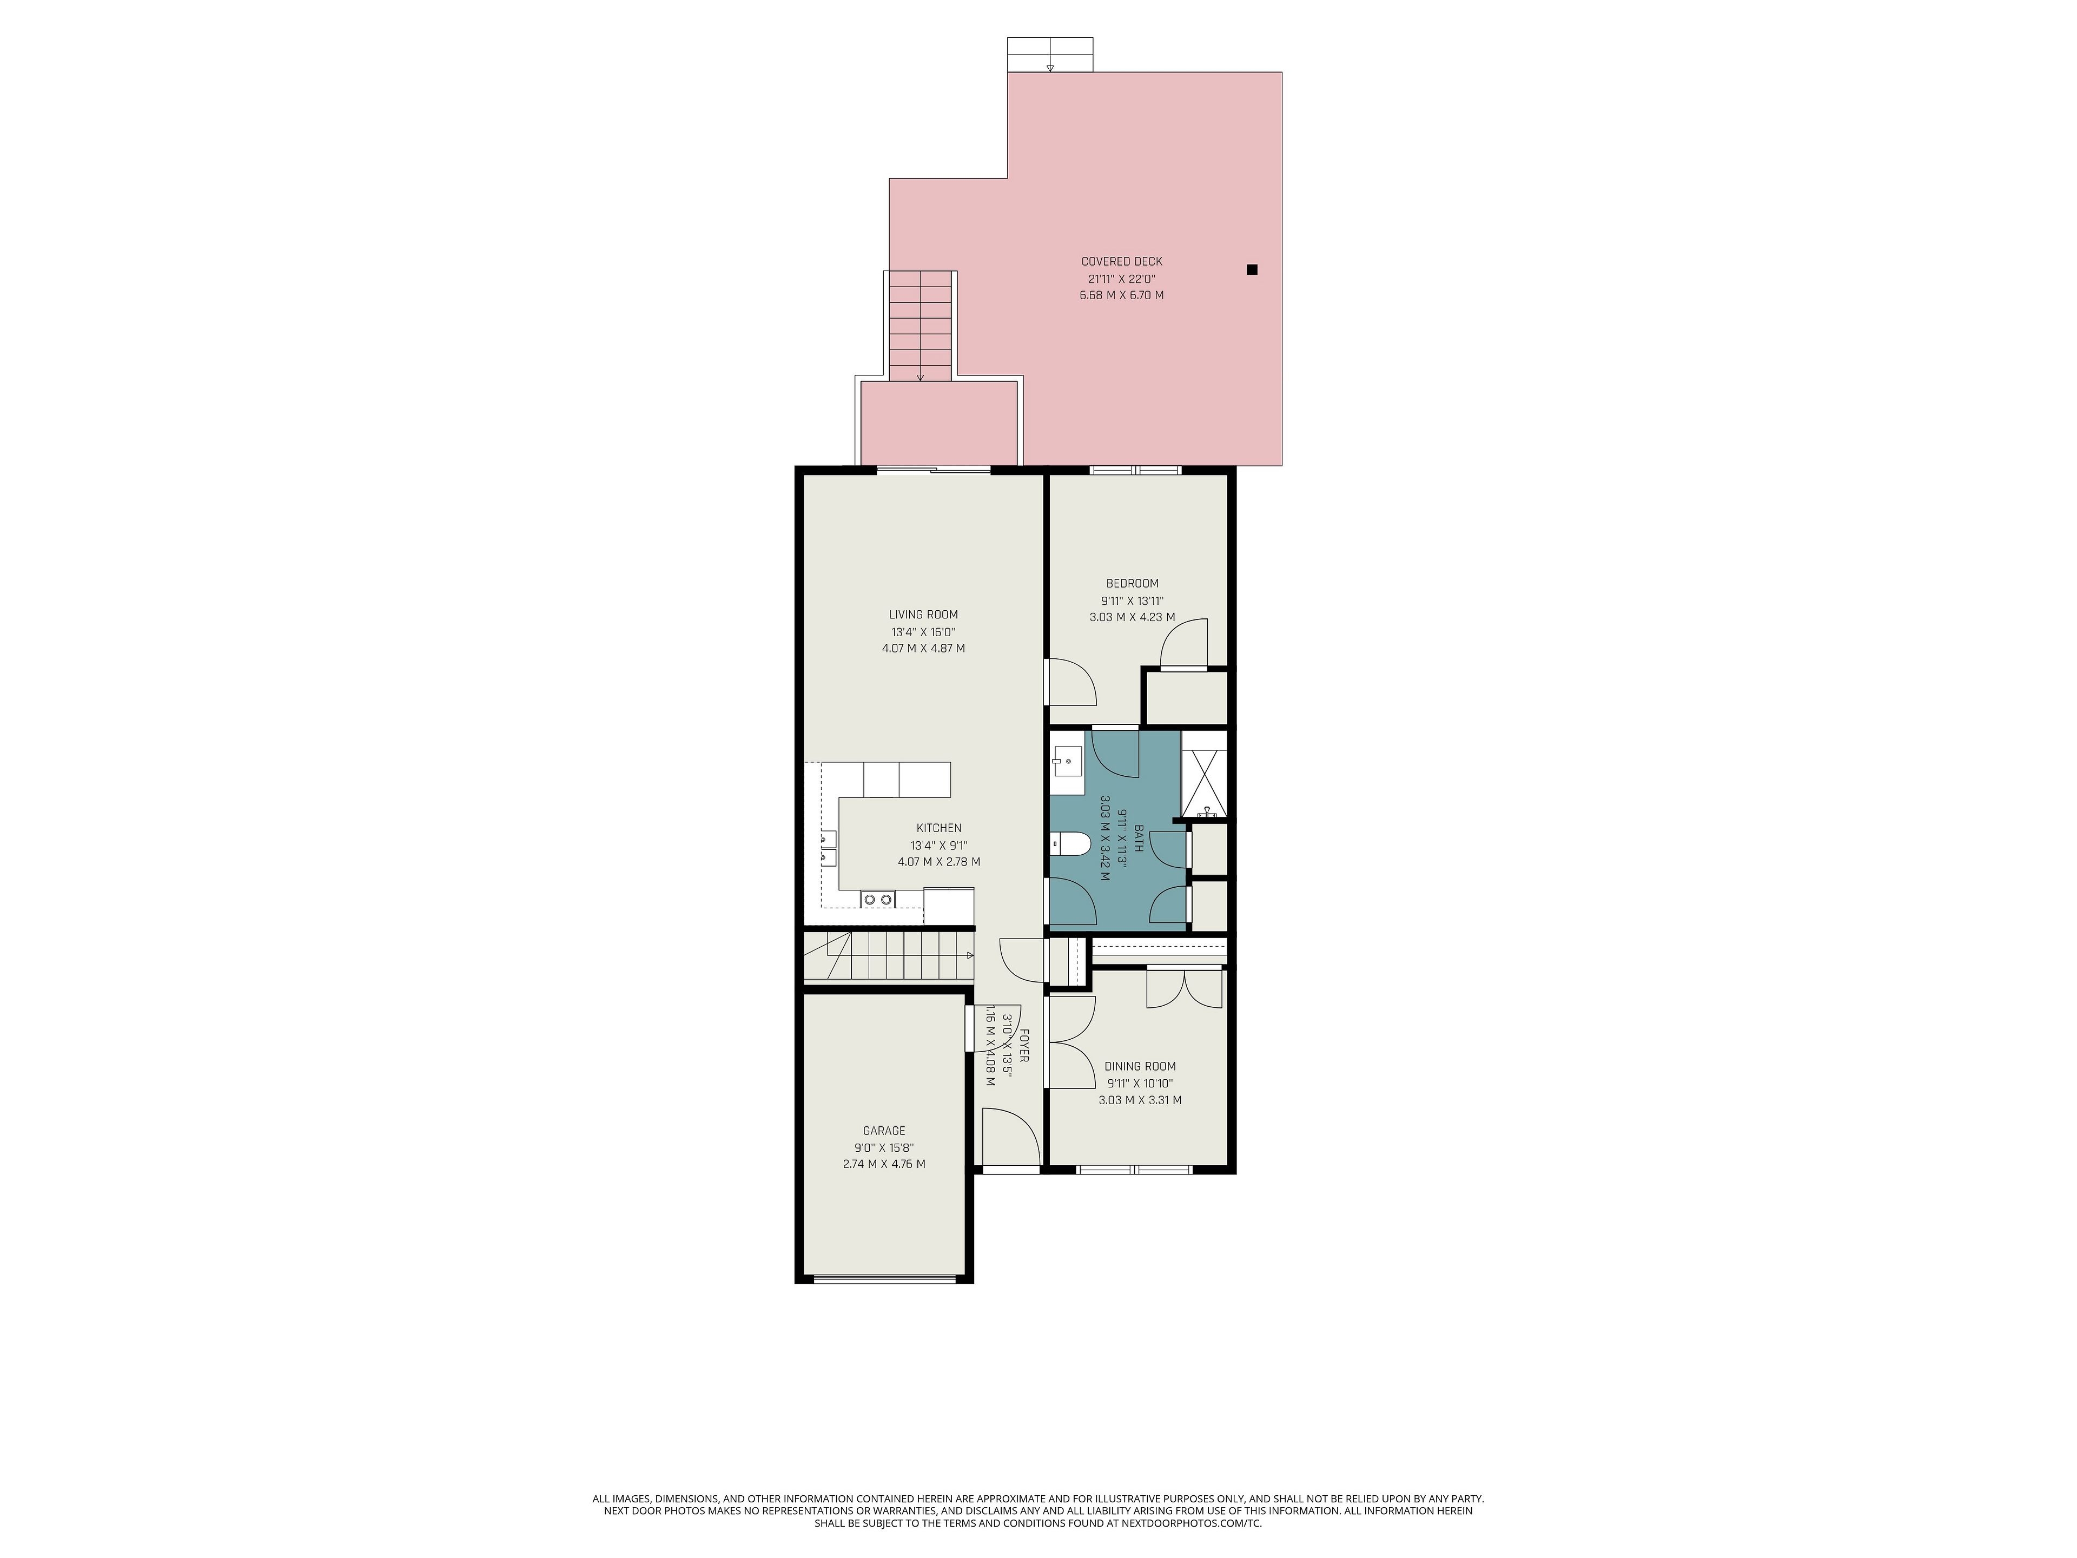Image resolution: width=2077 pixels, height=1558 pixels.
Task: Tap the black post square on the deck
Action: [x=1252, y=269]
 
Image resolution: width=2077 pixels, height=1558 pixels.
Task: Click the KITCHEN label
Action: [x=939, y=827]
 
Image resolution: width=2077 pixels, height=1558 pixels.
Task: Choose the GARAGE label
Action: [x=884, y=1131]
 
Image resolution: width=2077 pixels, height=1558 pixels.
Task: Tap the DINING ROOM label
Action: [x=1140, y=1066]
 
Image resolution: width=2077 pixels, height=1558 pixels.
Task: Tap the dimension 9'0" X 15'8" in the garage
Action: [x=884, y=1147]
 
